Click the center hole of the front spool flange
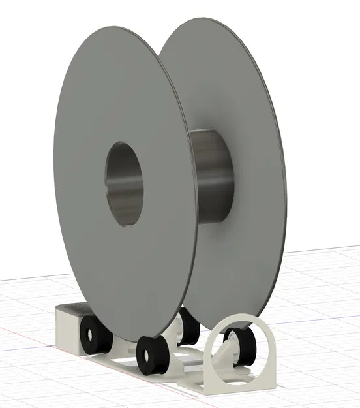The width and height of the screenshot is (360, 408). (125, 184)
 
